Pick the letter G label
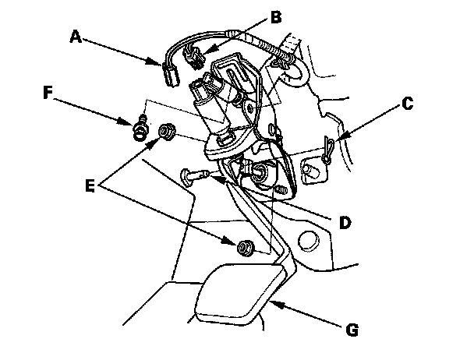(x=352, y=331)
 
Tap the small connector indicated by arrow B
(x=196, y=55)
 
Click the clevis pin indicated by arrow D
(x=190, y=175)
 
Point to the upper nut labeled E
(x=165, y=133)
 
